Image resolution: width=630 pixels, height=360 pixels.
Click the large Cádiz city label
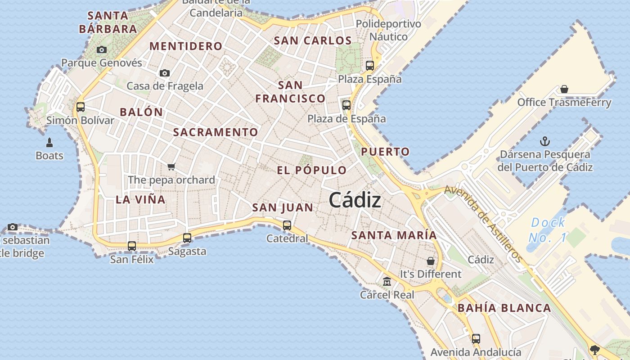tap(355, 200)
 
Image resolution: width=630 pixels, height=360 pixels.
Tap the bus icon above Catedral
tap(287, 225)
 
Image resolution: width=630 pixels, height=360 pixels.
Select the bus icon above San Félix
tap(132, 246)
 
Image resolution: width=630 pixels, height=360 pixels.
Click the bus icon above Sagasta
tap(187, 238)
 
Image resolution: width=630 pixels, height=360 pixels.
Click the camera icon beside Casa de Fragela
tap(165, 73)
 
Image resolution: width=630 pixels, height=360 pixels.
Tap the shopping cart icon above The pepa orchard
tap(171, 167)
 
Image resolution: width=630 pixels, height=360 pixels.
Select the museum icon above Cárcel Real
tap(387, 282)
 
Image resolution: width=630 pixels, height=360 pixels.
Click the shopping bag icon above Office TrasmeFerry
tap(564, 89)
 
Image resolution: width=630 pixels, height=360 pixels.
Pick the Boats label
tap(49, 156)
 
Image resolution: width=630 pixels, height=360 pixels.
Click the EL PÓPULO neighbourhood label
tap(312, 170)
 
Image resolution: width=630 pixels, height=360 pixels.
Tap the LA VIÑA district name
tap(140, 199)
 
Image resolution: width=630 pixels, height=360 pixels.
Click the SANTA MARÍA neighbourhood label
tap(394, 235)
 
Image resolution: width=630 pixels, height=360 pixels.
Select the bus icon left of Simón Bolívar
tap(81, 107)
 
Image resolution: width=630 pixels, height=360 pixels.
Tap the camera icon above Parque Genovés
tap(102, 50)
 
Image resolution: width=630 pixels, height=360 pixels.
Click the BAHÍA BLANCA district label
tap(504, 308)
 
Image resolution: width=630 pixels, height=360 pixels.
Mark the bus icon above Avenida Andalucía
tap(476, 339)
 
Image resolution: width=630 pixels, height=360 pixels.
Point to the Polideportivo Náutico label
tap(388, 30)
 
